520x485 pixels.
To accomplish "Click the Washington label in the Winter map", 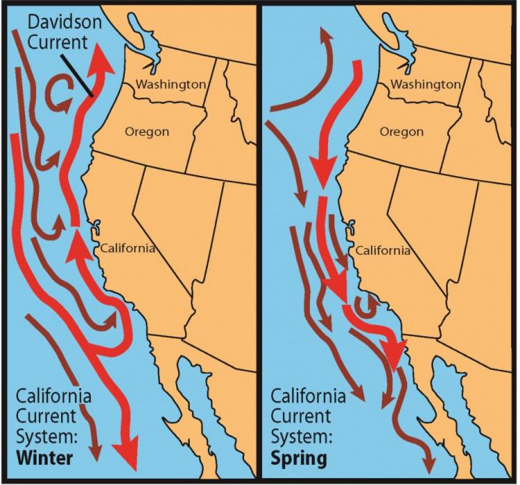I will pos(171,85).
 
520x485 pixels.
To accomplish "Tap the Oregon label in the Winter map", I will pos(146,132).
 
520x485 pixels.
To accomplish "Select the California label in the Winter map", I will pos(128,248).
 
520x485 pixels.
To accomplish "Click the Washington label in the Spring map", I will pos(426,85).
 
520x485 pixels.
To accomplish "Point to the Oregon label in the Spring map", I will pos(401,132).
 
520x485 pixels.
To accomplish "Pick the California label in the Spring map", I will pos(383,250).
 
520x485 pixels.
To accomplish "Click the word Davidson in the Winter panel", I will pos(65,22).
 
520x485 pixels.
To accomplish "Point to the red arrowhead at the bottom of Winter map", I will pos(126,457).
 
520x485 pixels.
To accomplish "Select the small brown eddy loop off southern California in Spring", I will pos(363,303).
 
